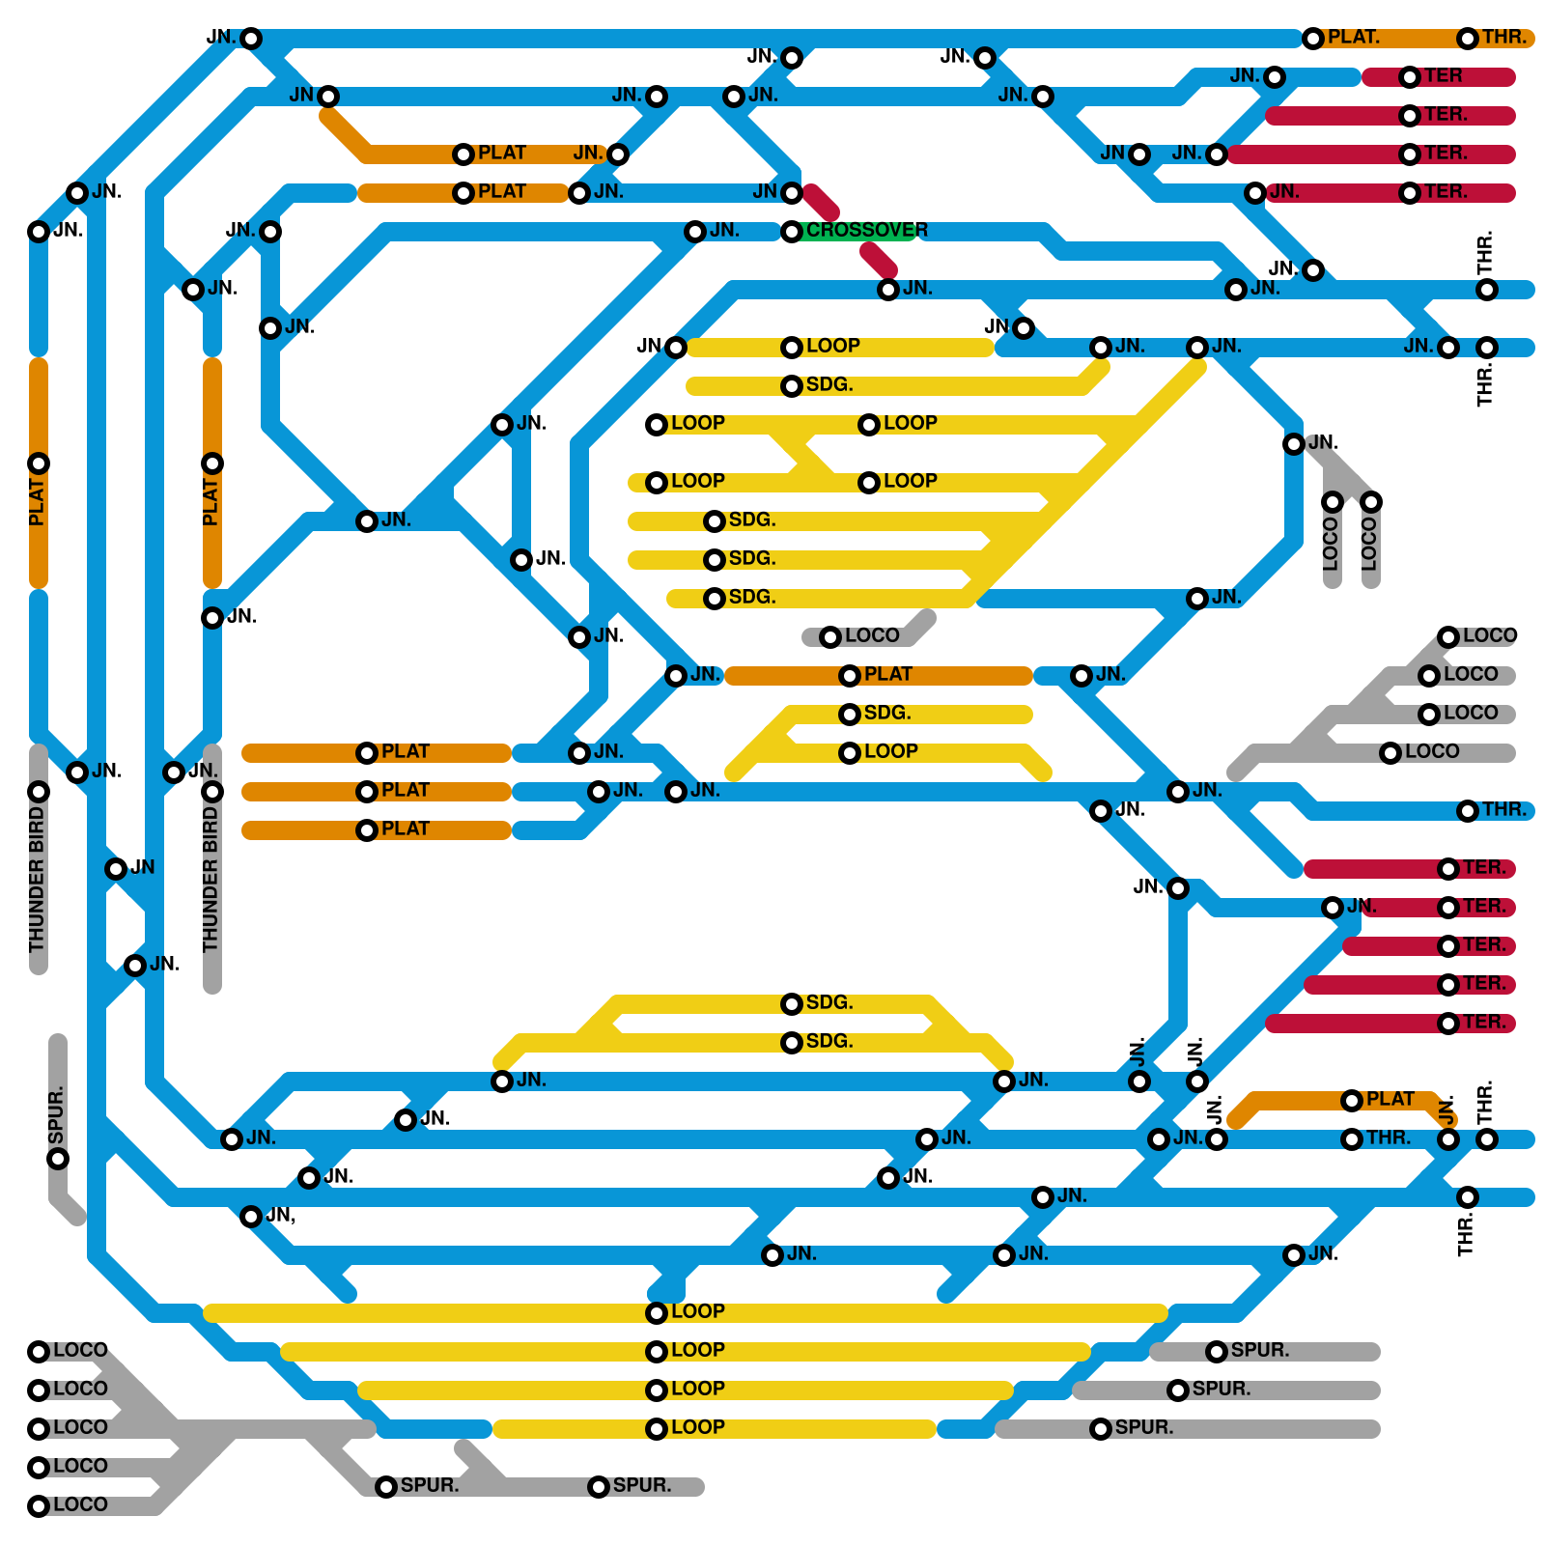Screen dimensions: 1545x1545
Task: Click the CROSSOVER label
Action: pos(866,231)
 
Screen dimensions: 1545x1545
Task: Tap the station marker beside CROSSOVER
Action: pos(792,232)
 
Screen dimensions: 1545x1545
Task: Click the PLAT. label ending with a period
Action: pos(1353,38)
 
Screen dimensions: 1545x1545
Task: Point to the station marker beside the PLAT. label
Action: pos(1313,39)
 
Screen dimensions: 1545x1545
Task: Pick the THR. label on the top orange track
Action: pos(1504,38)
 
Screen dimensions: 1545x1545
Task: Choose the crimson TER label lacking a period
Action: pos(1443,76)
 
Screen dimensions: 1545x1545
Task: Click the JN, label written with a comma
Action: pos(280,1216)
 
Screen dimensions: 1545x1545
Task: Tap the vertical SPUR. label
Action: pos(56,1110)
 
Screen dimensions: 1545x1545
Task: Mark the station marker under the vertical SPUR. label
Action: pos(58,1159)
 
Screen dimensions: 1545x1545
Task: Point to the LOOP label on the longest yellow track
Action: pos(697,1311)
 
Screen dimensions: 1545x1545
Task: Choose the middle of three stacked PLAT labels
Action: pos(406,791)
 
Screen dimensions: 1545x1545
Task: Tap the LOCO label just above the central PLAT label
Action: pos(871,636)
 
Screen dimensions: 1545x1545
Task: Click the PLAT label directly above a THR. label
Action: pos(1390,1100)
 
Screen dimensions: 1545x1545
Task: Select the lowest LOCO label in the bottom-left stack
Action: pos(80,1505)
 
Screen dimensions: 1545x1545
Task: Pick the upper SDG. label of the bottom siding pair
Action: pos(829,1003)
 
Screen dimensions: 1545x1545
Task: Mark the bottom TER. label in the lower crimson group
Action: pos(1484,1023)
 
